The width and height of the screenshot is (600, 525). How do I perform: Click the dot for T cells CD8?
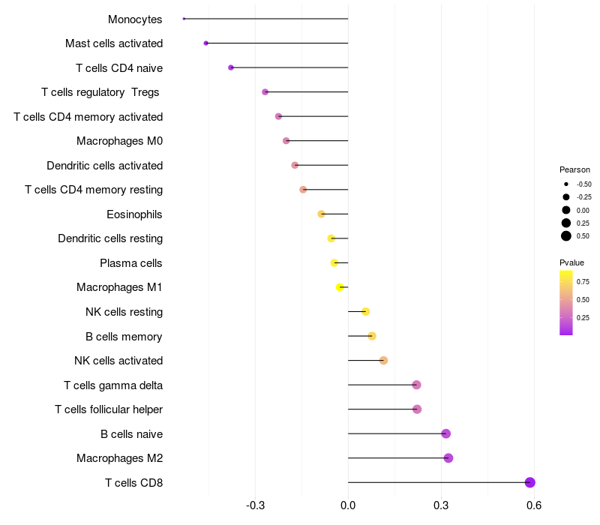[530, 482]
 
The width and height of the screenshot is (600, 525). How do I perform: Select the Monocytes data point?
[184, 19]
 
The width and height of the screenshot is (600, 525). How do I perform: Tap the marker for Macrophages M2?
[448, 458]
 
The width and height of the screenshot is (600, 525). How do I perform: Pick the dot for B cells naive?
[446, 433]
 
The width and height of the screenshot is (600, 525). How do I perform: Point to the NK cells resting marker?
[365, 311]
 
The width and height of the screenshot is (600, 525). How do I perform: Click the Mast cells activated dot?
[206, 43]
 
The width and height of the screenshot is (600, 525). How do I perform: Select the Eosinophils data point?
[322, 214]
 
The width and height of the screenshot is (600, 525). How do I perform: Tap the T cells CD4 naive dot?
[231, 67]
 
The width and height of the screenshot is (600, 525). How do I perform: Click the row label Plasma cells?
[131, 263]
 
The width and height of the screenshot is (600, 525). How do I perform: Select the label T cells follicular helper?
[109, 409]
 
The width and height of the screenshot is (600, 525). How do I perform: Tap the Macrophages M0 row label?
[120, 141]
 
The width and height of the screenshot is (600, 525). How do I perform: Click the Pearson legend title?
[574, 169]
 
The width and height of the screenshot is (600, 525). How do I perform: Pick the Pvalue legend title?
[571, 262]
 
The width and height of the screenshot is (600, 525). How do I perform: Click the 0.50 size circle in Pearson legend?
[566, 236]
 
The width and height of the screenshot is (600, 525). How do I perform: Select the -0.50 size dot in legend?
[566, 184]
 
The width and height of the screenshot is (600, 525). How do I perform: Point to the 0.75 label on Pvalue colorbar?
[583, 282]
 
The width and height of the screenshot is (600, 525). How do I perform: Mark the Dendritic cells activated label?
[105, 166]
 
